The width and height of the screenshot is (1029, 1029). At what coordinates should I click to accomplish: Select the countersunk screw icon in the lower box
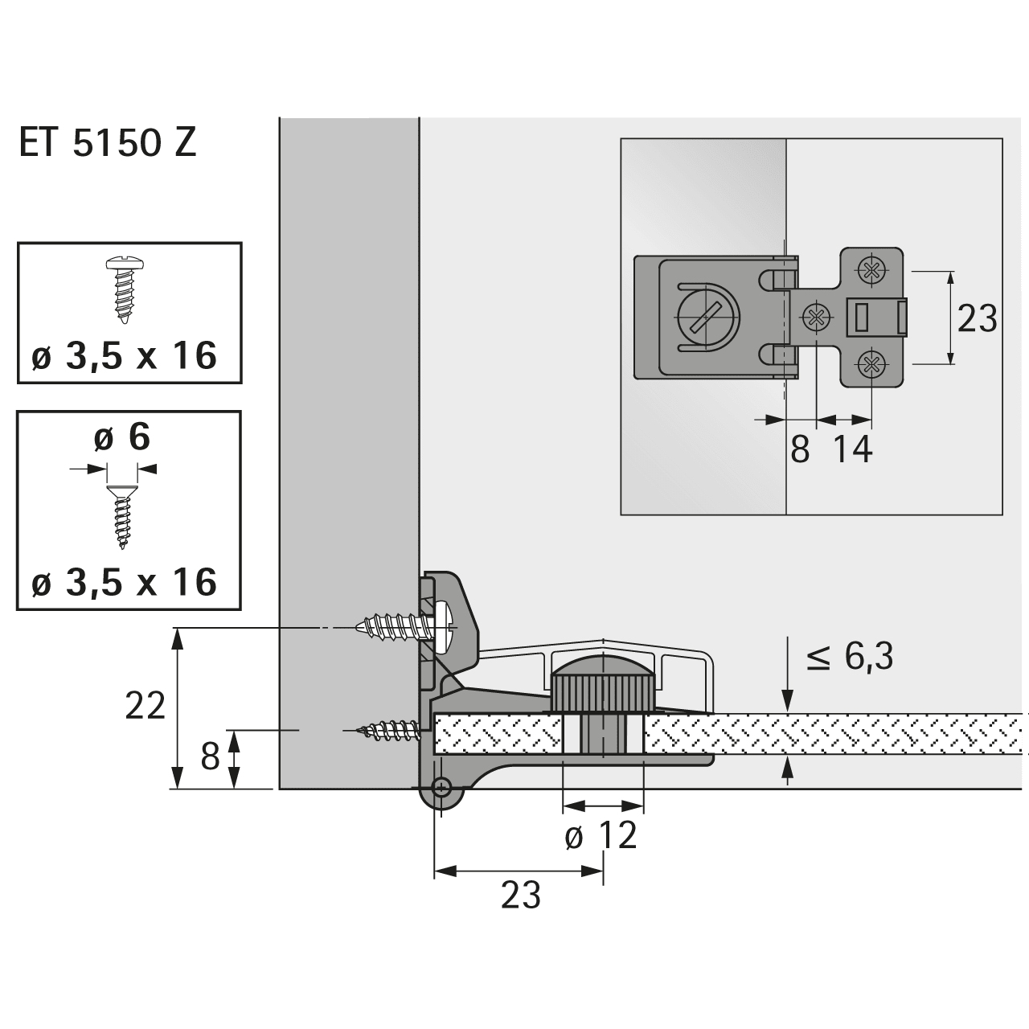pyautogui.click(x=122, y=515)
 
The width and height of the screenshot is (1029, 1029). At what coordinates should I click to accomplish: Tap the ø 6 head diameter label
pyautogui.click(x=121, y=438)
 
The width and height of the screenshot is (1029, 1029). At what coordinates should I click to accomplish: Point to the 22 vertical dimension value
pyautogui.click(x=146, y=706)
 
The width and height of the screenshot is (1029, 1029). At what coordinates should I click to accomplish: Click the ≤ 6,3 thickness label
pyautogui.click(x=850, y=658)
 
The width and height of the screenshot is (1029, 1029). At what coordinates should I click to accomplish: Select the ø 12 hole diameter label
pyautogui.click(x=601, y=836)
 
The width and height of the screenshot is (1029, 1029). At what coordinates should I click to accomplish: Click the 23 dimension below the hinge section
pyautogui.click(x=520, y=895)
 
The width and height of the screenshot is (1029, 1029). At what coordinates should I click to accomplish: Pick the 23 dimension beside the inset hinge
pyautogui.click(x=978, y=319)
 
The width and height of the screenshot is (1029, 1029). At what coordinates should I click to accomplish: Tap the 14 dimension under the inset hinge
pyautogui.click(x=851, y=449)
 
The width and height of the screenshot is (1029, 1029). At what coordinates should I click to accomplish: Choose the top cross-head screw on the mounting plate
pyautogui.click(x=871, y=269)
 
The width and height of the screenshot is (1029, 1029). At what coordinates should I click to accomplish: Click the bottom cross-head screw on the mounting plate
pyautogui.click(x=871, y=367)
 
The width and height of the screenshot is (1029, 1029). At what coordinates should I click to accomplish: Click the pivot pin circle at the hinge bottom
pyautogui.click(x=441, y=786)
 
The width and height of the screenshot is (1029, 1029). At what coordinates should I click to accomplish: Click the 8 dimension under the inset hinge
pyautogui.click(x=799, y=449)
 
